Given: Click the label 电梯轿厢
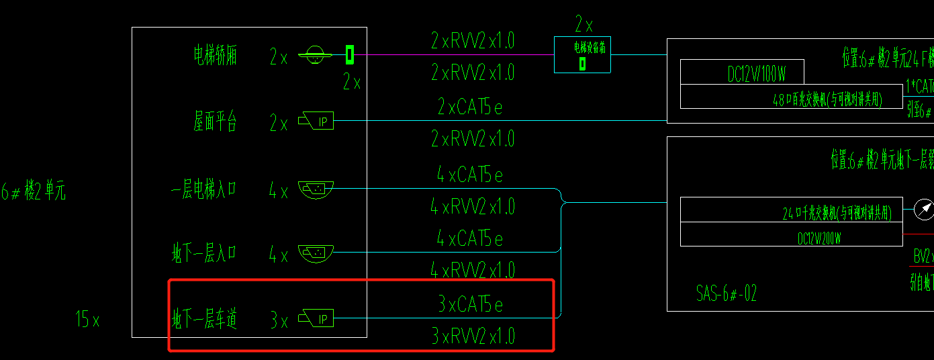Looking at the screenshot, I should tap(216, 56).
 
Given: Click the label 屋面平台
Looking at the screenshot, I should tap(216, 122).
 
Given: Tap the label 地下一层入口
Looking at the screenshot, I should tap(204, 253).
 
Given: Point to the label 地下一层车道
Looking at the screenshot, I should tap(204, 318).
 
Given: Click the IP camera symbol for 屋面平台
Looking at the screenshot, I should tap(316, 122).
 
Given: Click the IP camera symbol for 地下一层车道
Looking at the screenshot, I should tap(316, 319).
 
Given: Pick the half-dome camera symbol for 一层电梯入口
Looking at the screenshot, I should tap(316, 190).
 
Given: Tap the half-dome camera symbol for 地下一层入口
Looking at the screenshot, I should tap(316, 254).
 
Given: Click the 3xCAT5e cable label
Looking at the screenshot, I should tap(470, 305).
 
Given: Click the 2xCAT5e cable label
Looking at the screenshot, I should tap(470, 107).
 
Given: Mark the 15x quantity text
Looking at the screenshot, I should tap(87, 320).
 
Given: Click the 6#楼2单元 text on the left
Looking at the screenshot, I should tap(34, 193).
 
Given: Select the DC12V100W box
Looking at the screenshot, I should tap(741, 73).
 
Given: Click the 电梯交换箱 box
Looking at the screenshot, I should tap(582, 54).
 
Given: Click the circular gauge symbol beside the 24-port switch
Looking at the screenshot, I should tap(924, 210).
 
